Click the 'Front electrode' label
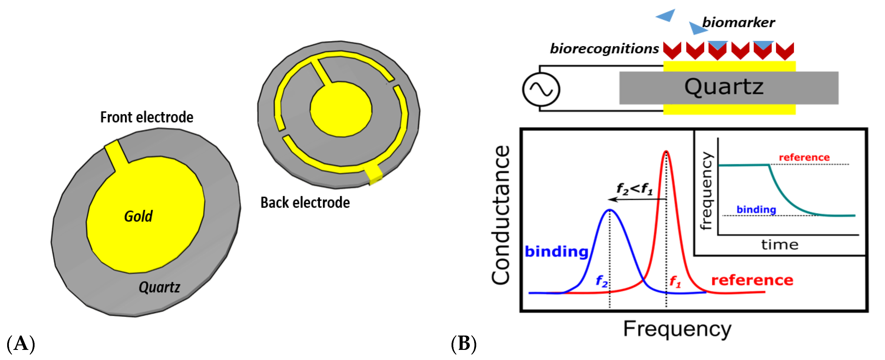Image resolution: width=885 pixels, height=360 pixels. tap(147, 118)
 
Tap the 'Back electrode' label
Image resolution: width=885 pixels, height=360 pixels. tap(305, 203)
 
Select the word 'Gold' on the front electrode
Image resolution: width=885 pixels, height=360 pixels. tap(138, 216)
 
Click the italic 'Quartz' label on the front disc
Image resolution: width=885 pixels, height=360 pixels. tap(159, 287)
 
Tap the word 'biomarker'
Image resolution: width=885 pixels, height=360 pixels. tap(738, 23)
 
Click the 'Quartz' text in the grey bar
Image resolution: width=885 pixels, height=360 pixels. tap(724, 87)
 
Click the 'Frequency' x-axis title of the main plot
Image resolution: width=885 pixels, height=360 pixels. tap(677, 329)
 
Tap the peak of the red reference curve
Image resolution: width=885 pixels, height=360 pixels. tap(666, 152)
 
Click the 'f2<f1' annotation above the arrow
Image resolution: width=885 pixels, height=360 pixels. tap(634, 189)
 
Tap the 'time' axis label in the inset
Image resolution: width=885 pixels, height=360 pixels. tap(780, 245)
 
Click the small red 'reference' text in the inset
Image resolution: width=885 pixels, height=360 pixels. tap(804, 157)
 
